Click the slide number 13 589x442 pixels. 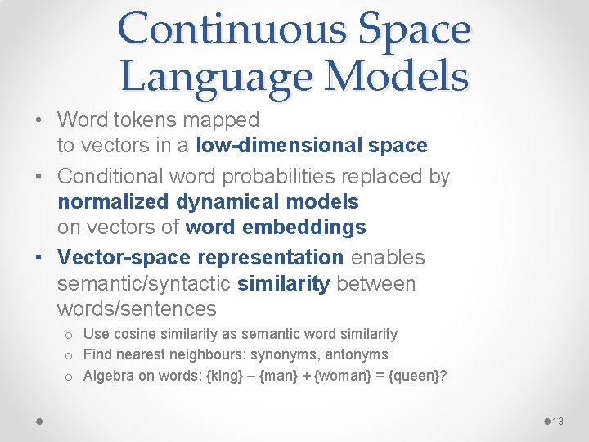pyautogui.click(x=557, y=421)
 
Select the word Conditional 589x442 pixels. pyautogui.click(x=116, y=177)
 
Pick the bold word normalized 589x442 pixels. pyautogui.click(x=119, y=201)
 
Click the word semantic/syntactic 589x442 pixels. pyautogui.click(x=144, y=284)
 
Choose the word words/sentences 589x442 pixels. pyautogui.click(x=137, y=309)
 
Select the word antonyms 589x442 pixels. pyautogui.click(x=355, y=354)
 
